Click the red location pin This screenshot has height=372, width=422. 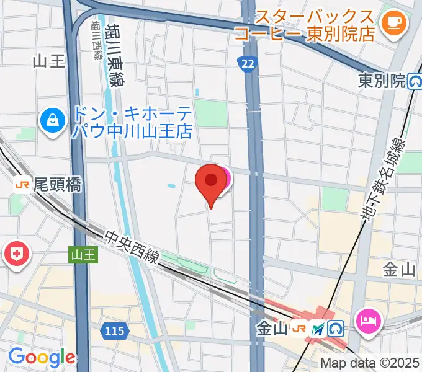211,181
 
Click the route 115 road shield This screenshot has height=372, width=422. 115,332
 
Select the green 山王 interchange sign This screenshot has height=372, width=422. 83,254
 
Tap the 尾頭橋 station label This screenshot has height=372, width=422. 57,184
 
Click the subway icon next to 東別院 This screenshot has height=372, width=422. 415,81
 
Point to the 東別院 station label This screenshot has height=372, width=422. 382,81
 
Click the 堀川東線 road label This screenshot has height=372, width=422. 114,56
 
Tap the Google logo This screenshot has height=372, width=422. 41,357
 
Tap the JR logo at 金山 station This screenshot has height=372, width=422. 300,329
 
